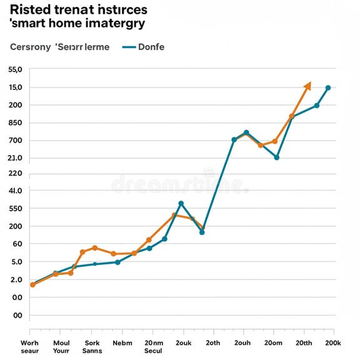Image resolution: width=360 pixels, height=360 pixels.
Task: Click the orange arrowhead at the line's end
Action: [x=307, y=86]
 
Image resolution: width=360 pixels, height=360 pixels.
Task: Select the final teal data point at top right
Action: [x=328, y=87]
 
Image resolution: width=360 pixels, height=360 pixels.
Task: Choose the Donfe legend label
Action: [x=151, y=47]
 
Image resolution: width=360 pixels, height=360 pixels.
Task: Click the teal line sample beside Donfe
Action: [x=129, y=47]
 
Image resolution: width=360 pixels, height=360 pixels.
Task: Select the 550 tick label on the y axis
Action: [x=16, y=209]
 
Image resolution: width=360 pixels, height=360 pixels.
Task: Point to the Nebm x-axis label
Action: [x=122, y=342]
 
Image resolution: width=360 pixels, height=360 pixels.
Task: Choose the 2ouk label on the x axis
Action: [x=183, y=342]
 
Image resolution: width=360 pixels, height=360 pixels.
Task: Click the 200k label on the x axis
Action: [x=332, y=342]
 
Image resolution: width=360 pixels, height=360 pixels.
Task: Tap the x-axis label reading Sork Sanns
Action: [x=92, y=346]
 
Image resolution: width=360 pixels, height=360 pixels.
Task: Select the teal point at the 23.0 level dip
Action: [x=277, y=157]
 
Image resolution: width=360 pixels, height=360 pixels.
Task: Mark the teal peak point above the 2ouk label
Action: [x=181, y=204]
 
